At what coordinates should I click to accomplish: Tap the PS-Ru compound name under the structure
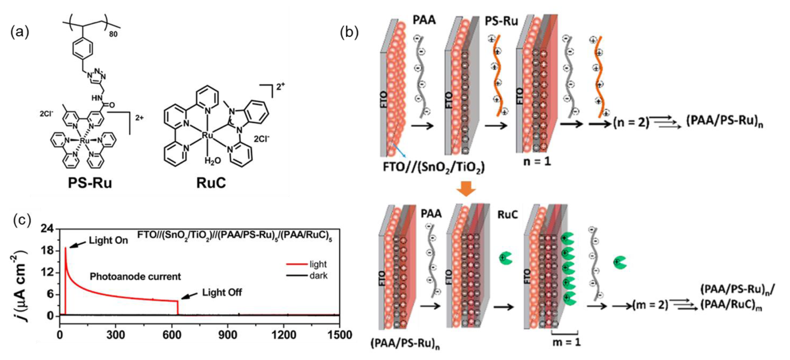point(90,183)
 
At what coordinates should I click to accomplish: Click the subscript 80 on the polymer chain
point(113,33)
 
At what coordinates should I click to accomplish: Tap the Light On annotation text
point(108,240)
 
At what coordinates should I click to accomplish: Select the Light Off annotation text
point(222,292)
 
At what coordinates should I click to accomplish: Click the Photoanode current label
point(135,276)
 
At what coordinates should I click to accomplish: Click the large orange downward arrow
point(466,188)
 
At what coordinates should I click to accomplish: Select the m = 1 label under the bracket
point(566,341)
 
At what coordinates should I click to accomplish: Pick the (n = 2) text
point(631,122)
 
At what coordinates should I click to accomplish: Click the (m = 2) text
point(650,305)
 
